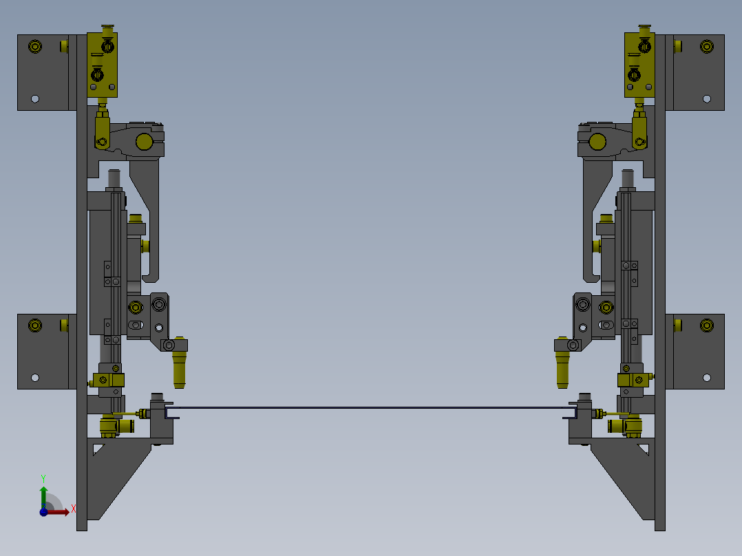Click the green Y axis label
click(43, 478)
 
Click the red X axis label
click(74, 509)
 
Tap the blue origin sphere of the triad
click(43, 512)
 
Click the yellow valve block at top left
click(102, 65)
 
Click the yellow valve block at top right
click(639, 65)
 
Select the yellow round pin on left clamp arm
click(145, 142)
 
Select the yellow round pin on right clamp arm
click(597, 142)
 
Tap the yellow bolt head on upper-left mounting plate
click(35, 46)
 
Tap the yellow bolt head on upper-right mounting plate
click(706, 46)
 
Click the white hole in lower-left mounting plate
click(35, 378)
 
